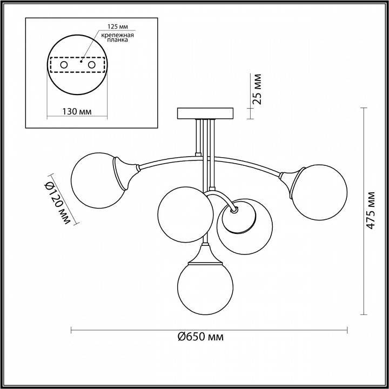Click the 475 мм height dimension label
(x=370, y=210)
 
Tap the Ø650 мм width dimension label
(x=200, y=337)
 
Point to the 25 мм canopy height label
(x=257, y=89)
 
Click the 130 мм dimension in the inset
(x=77, y=111)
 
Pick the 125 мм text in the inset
(x=118, y=26)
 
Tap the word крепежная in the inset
(x=118, y=35)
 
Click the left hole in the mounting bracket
(x=64, y=65)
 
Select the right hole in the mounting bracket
(x=91, y=65)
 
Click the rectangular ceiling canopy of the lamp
(x=205, y=113)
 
